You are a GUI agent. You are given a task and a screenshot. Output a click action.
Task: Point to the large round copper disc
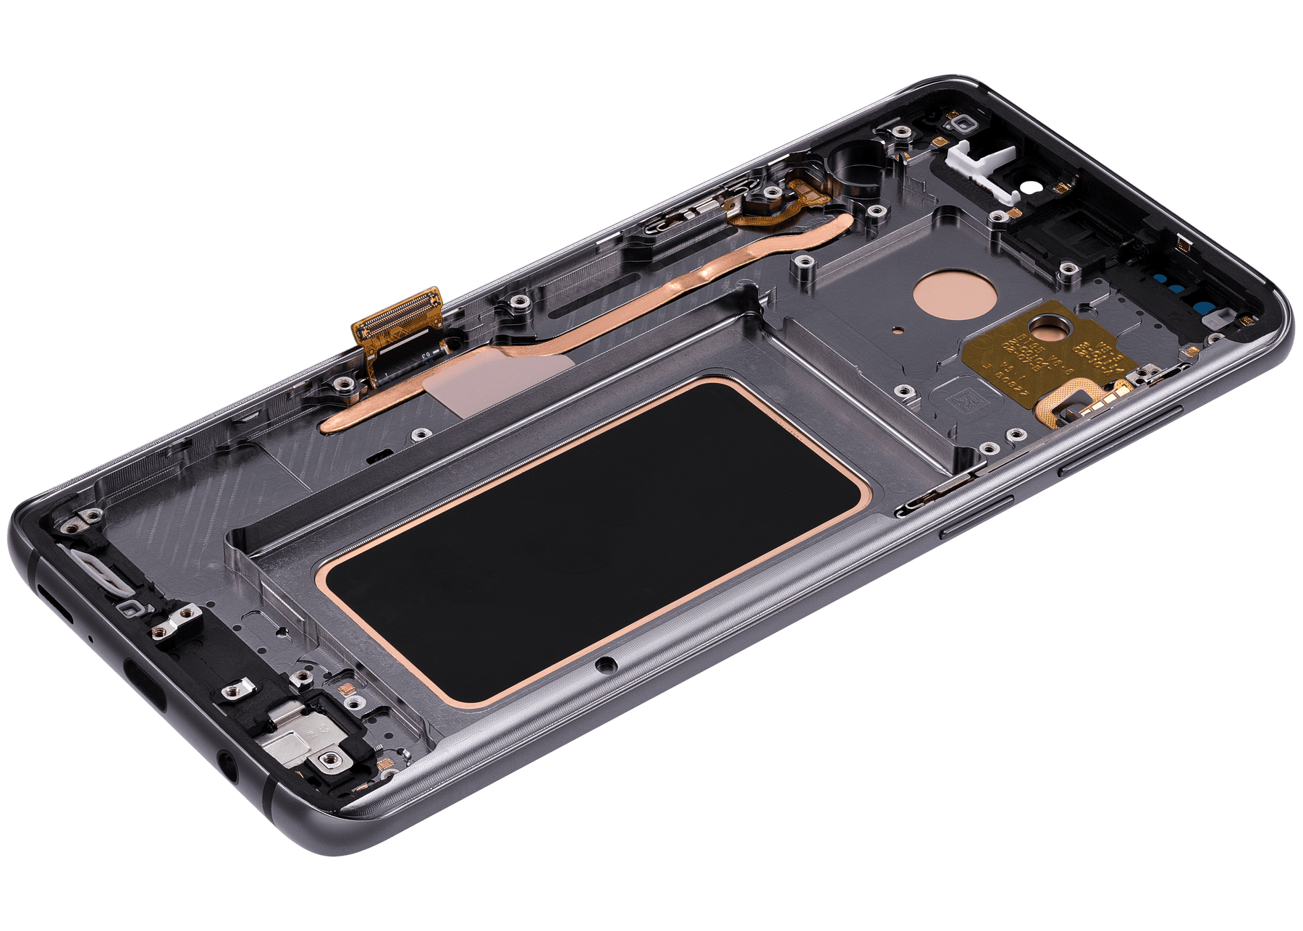coord(945,292)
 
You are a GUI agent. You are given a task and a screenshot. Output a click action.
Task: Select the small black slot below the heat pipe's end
coord(376,458)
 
